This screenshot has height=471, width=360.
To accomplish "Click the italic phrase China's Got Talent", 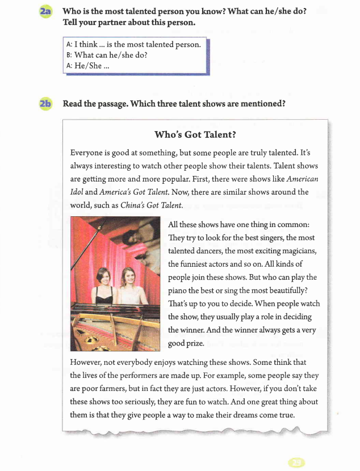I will [152, 205].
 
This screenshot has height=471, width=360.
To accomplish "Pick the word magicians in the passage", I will [295, 251].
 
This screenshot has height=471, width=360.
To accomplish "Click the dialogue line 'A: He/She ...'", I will [87, 65].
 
